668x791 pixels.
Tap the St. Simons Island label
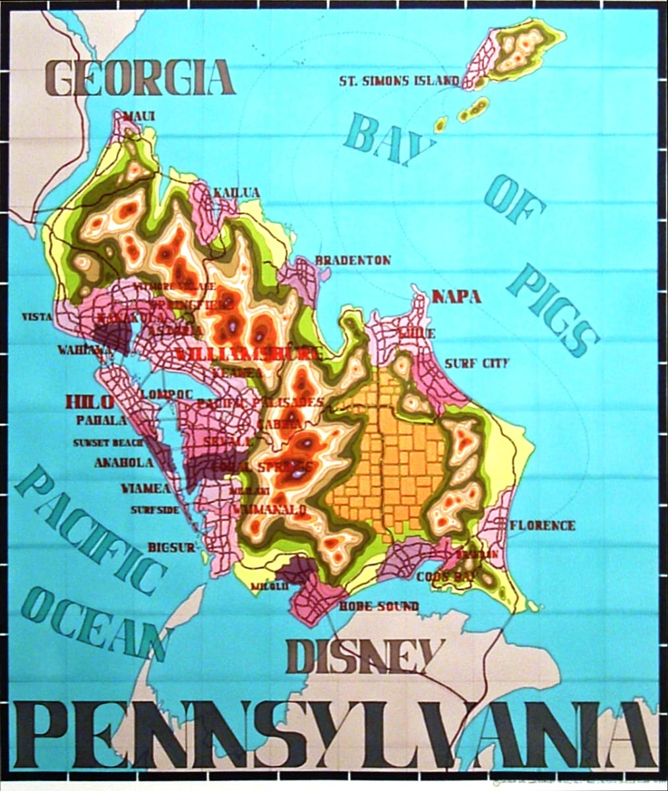tap(399, 81)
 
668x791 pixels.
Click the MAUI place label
tap(139, 117)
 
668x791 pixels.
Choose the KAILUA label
tap(235, 192)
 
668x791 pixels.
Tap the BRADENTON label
tap(353, 260)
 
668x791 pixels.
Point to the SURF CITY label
tap(477, 363)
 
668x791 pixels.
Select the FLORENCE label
tap(542, 525)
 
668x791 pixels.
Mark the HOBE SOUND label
tap(379, 606)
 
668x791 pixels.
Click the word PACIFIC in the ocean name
tap(90, 527)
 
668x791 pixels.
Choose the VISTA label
tap(37, 317)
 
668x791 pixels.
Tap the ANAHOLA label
tap(124, 463)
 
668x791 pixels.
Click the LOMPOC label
tap(167, 394)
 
